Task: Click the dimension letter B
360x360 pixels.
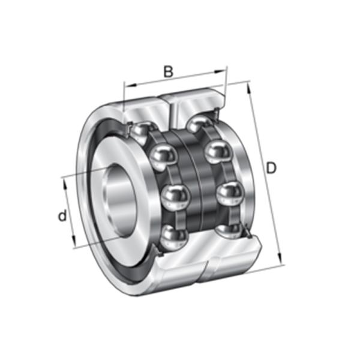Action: point(169,71)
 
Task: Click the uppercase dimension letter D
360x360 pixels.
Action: point(271,169)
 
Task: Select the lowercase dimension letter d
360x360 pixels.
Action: point(62,215)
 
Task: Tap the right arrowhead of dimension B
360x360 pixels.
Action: point(224,70)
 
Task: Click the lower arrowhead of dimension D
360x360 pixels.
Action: point(281,262)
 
